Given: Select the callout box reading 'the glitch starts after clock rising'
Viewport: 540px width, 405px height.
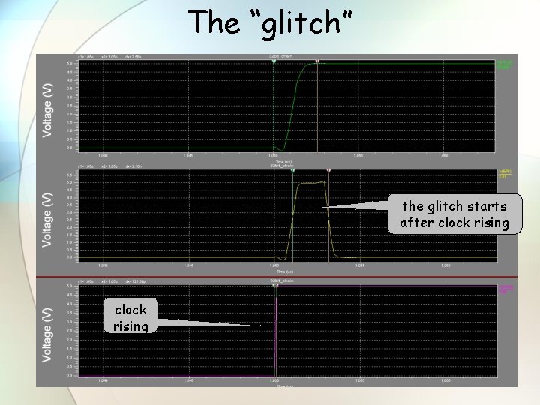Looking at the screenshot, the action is (454, 214).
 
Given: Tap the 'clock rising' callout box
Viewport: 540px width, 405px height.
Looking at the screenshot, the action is (130, 317).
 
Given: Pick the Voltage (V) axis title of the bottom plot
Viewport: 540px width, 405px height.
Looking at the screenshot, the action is (49, 332).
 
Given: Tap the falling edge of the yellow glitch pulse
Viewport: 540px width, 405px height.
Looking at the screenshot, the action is (329, 217).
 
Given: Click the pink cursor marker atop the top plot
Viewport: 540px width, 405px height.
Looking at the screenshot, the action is (317, 61).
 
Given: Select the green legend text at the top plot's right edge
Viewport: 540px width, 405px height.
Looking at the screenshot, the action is (504, 64).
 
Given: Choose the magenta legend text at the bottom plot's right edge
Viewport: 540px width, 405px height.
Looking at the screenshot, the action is (506, 288).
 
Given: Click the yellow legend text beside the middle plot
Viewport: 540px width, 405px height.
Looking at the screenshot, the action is (505, 173).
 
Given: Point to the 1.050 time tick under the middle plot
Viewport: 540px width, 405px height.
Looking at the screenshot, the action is (274, 265).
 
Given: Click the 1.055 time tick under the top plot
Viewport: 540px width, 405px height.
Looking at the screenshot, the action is (359, 156).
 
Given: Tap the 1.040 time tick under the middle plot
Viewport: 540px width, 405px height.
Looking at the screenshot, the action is (103, 265).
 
